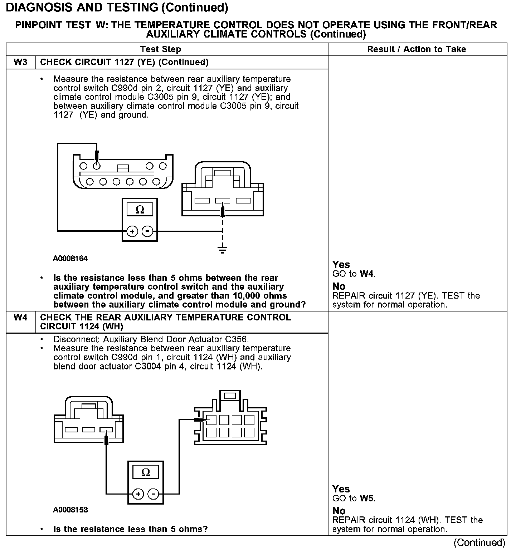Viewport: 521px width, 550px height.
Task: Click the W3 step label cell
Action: point(20,62)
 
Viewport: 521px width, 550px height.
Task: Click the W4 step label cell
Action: point(20,318)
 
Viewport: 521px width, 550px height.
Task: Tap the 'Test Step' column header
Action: point(160,49)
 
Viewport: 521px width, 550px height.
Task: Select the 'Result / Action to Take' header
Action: point(417,49)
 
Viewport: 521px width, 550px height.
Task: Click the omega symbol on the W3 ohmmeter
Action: point(140,210)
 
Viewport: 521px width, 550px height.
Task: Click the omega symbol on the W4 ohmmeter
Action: point(146,472)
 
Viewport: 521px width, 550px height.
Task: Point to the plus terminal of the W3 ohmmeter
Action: point(132,231)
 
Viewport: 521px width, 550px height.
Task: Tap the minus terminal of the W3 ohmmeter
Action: point(147,231)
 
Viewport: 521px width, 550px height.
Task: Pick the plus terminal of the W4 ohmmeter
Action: point(138,494)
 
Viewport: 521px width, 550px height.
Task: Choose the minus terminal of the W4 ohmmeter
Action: point(153,494)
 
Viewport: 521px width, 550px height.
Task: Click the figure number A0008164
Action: point(70,258)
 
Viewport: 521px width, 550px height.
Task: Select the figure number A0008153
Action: point(70,510)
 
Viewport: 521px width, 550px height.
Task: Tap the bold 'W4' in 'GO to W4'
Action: point(367,274)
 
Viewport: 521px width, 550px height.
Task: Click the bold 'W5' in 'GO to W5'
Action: point(367,499)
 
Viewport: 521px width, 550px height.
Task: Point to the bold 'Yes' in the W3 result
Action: point(341,265)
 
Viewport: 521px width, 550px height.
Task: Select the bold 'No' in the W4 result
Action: point(339,511)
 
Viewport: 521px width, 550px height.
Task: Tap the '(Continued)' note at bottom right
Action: point(479,543)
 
